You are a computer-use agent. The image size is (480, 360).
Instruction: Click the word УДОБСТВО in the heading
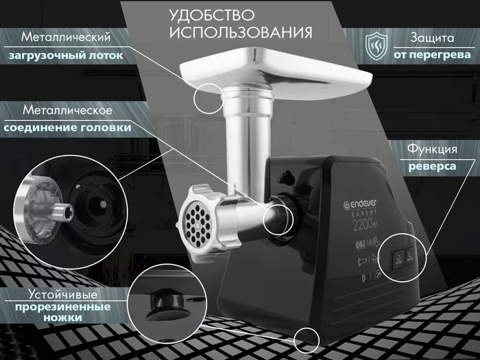tap(212, 15)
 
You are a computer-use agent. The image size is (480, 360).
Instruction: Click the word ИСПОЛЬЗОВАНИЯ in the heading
tap(241, 32)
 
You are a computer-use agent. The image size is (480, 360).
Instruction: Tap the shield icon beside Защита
tap(377, 46)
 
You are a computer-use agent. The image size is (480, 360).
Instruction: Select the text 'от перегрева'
tap(432, 55)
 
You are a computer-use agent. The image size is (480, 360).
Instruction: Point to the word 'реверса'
tap(432, 167)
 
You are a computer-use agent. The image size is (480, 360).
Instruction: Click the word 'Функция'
tap(432, 149)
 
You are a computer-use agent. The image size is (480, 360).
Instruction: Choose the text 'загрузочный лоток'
tap(66, 56)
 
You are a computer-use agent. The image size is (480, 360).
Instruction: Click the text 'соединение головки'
tap(67, 128)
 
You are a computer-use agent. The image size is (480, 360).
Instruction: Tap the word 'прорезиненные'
tap(63, 307)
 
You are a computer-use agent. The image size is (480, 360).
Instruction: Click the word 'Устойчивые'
tap(63, 294)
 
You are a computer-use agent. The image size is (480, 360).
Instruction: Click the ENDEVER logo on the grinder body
tap(360, 204)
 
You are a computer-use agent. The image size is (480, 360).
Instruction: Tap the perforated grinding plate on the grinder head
tap(196, 226)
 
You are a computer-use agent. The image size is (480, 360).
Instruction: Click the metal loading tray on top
tap(276, 71)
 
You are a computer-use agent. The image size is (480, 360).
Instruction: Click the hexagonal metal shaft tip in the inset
tap(64, 212)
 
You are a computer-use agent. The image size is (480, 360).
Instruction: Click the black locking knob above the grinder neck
tap(287, 178)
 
